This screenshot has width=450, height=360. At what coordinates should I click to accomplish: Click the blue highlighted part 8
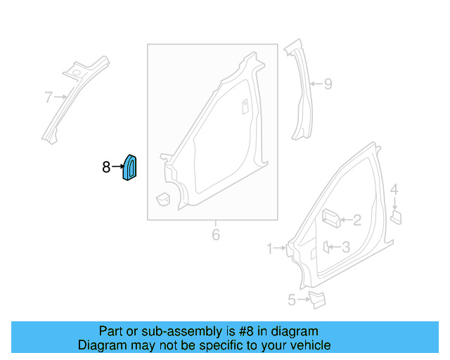tap(130, 167)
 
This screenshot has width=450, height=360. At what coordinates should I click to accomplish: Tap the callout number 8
tap(106, 167)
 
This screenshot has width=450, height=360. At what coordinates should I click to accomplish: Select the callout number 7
tap(49, 96)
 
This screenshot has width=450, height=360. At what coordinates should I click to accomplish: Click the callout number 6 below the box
tap(216, 234)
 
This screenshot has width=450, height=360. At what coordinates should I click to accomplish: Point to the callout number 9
tap(328, 84)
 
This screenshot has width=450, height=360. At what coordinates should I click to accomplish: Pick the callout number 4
tap(394, 189)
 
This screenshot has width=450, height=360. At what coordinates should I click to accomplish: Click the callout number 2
tap(356, 221)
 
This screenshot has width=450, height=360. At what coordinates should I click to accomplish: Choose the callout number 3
tap(345, 246)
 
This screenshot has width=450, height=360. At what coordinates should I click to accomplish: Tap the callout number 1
tap(270, 248)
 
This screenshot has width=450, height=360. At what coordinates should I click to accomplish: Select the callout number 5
tap(292, 300)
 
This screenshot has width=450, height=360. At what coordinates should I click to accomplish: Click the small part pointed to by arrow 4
tap(395, 216)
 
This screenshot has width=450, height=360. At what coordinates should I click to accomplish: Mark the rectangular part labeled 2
tap(330, 219)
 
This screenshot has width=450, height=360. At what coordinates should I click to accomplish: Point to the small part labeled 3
tap(327, 246)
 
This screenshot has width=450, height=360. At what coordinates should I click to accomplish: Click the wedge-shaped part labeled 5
tap(317, 300)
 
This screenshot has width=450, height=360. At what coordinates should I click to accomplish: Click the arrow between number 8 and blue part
tap(117, 167)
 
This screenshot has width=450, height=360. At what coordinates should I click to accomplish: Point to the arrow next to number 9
tap(316, 84)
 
